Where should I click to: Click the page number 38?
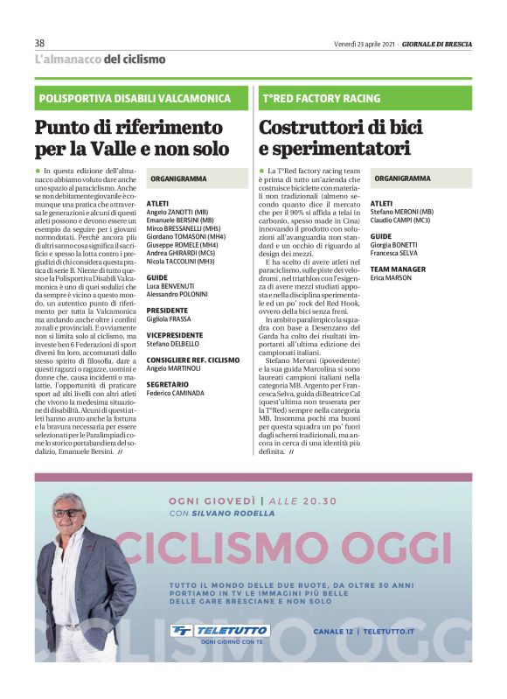(40, 43)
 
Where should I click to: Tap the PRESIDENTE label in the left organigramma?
(168, 310)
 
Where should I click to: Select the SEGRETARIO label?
(168, 383)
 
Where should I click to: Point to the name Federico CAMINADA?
(176, 394)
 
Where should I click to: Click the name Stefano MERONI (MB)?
(402, 212)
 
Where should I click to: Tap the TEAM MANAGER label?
(399, 269)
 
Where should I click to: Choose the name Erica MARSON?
(390, 278)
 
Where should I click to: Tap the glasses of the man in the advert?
(69, 512)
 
